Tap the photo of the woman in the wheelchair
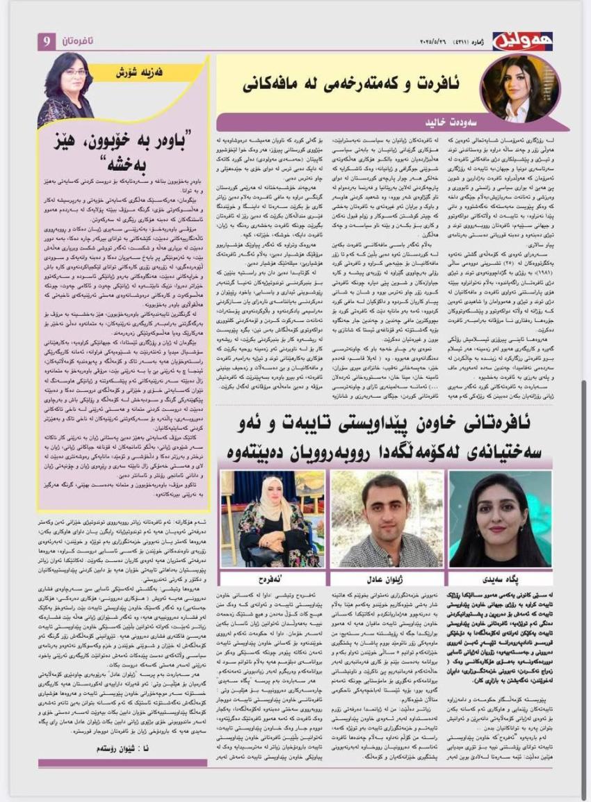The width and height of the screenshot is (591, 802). click(x=272, y=520)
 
